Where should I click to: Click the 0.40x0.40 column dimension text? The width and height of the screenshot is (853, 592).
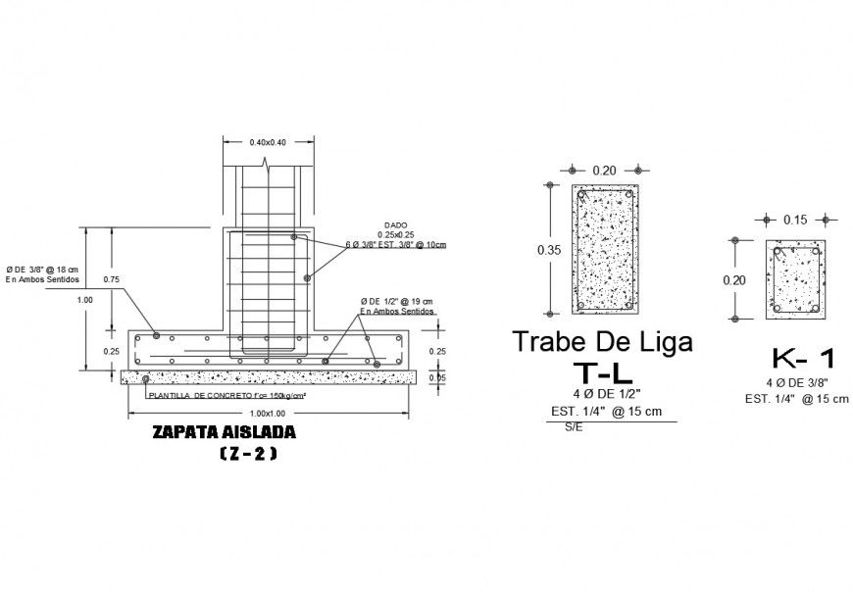pyautogui.click(x=268, y=142)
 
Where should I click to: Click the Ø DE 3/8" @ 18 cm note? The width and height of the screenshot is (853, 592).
pyautogui.click(x=42, y=269)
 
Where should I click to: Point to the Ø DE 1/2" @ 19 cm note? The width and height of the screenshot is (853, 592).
pyautogui.click(x=396, y=301)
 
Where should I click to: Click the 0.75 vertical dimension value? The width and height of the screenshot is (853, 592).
pyautogui.click(x=112, y=278)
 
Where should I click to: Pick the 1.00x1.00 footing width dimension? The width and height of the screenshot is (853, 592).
pyautogui.click(x=268, y=413)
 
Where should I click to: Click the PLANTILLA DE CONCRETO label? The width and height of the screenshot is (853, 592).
pyautogui.click(x=226, y=396)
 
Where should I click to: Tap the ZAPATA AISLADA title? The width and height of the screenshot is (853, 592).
pyautogui.click(x=224, y=431)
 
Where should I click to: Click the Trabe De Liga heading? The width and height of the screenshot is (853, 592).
pyautogui.click(x=603, y=342)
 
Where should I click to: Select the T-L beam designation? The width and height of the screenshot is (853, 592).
pyautogui.click(x=603, y=371)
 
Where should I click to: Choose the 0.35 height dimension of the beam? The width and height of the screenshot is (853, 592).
pyautogui.click(x=549, y=250)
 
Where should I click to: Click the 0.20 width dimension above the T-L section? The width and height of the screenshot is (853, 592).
pyautogui.click(x=604, y=171)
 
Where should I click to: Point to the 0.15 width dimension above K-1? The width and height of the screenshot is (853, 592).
pyautogui.click(x=795, y=220)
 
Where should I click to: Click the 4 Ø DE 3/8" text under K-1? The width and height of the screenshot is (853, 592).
pyautogui.click(x=795, y=381)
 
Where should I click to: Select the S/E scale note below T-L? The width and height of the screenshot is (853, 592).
pyautogui.click(x=573, y=428)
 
